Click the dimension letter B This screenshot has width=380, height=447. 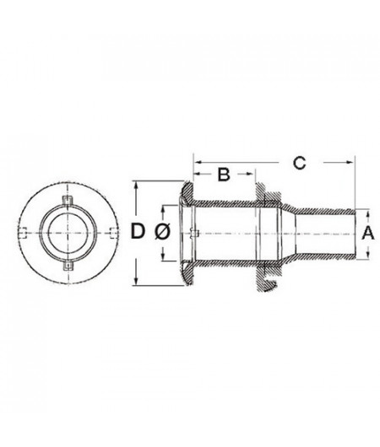point(223,175)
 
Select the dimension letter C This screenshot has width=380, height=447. point(299,163)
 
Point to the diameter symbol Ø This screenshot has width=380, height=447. point(165,232)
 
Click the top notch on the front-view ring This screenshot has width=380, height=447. point(67,199)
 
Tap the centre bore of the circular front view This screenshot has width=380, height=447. point(67,234)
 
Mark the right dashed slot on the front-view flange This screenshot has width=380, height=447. point(107,234)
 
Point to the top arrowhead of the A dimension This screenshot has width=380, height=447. point(356,210)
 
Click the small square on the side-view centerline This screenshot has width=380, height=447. point(193,234)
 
